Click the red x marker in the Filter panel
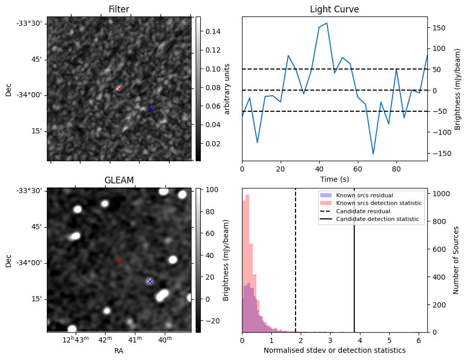119,89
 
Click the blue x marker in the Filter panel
151,109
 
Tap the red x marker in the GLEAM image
119,261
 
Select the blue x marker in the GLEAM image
150,281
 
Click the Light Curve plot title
334,9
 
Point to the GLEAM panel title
119,180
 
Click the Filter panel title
119,9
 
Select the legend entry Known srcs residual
365,195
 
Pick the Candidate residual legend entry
363,212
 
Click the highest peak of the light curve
327,23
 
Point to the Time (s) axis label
334,178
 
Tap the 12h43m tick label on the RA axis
76,340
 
